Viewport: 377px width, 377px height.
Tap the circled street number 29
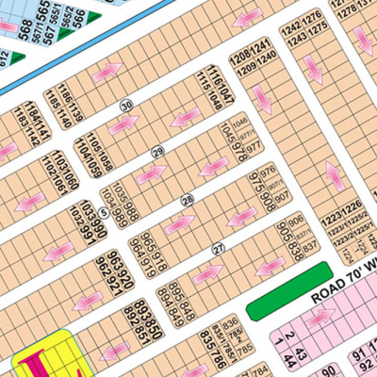point(158,152)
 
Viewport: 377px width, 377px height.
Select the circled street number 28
point(188,199)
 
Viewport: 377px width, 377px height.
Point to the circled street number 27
point(219,248)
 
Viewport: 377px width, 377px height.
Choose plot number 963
point(112,259)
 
